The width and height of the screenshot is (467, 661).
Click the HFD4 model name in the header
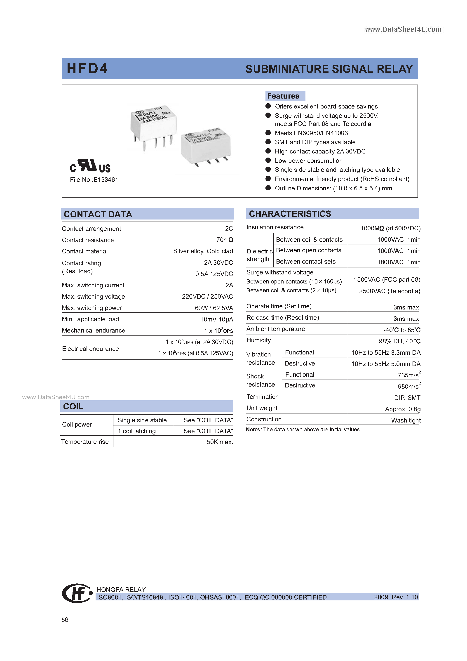[87, 68]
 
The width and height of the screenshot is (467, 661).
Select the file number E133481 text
[94, 180]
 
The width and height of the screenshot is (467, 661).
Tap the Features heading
[283, 96]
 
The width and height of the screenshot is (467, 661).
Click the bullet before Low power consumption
[268, 160]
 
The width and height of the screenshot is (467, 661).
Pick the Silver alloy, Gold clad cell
[203, 251]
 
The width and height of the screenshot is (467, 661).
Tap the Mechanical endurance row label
[94, 330]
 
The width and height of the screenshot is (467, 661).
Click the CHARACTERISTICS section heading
[290, 214]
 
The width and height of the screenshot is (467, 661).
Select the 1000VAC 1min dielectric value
[399, 251]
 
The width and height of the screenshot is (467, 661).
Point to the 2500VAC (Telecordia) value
[389, 291]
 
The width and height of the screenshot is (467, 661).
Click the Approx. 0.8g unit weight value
[403, 409]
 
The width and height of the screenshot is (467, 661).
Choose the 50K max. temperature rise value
[220, 442]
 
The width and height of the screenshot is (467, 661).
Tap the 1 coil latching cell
[137, 431]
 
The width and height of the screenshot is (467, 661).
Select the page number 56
[65, 620]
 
